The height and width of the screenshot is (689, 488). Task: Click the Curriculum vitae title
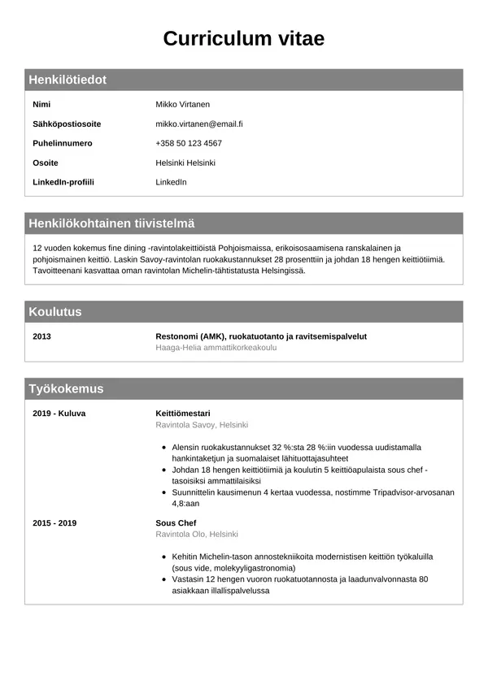(x=243, y=38)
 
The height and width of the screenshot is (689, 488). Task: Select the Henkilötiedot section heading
(x=68, y=80)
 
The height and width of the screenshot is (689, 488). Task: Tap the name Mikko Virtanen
(x=182, y=105)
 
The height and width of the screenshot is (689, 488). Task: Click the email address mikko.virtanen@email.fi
(x=199, y=124)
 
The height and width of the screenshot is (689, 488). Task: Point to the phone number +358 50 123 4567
(x=189, y=144)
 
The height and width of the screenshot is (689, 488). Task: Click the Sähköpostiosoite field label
(x=67, y=124)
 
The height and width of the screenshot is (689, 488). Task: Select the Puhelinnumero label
(x=63, y=144)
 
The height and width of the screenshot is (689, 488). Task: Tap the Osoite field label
(x=46, y=163)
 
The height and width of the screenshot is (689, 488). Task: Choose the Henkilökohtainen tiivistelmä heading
(x=111, y=223)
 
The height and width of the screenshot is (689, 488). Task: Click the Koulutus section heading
(x=55, y=312)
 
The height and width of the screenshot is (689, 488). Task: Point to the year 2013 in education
(x=41, y=336)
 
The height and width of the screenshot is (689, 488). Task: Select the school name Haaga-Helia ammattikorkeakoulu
(x=216, y=348)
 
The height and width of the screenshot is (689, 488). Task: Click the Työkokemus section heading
(x=66, y=389)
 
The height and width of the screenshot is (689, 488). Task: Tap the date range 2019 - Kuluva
(x=59, y=414)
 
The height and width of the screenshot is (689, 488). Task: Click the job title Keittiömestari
(x=183, y=414)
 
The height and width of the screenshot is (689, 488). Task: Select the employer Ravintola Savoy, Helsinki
(x=202, y=425)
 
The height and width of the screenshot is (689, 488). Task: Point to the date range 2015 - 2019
(x=54, y=523)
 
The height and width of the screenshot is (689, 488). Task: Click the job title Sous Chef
(x=176, y=523)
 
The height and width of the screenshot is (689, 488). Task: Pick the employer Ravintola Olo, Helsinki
(x=197, y=535)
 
